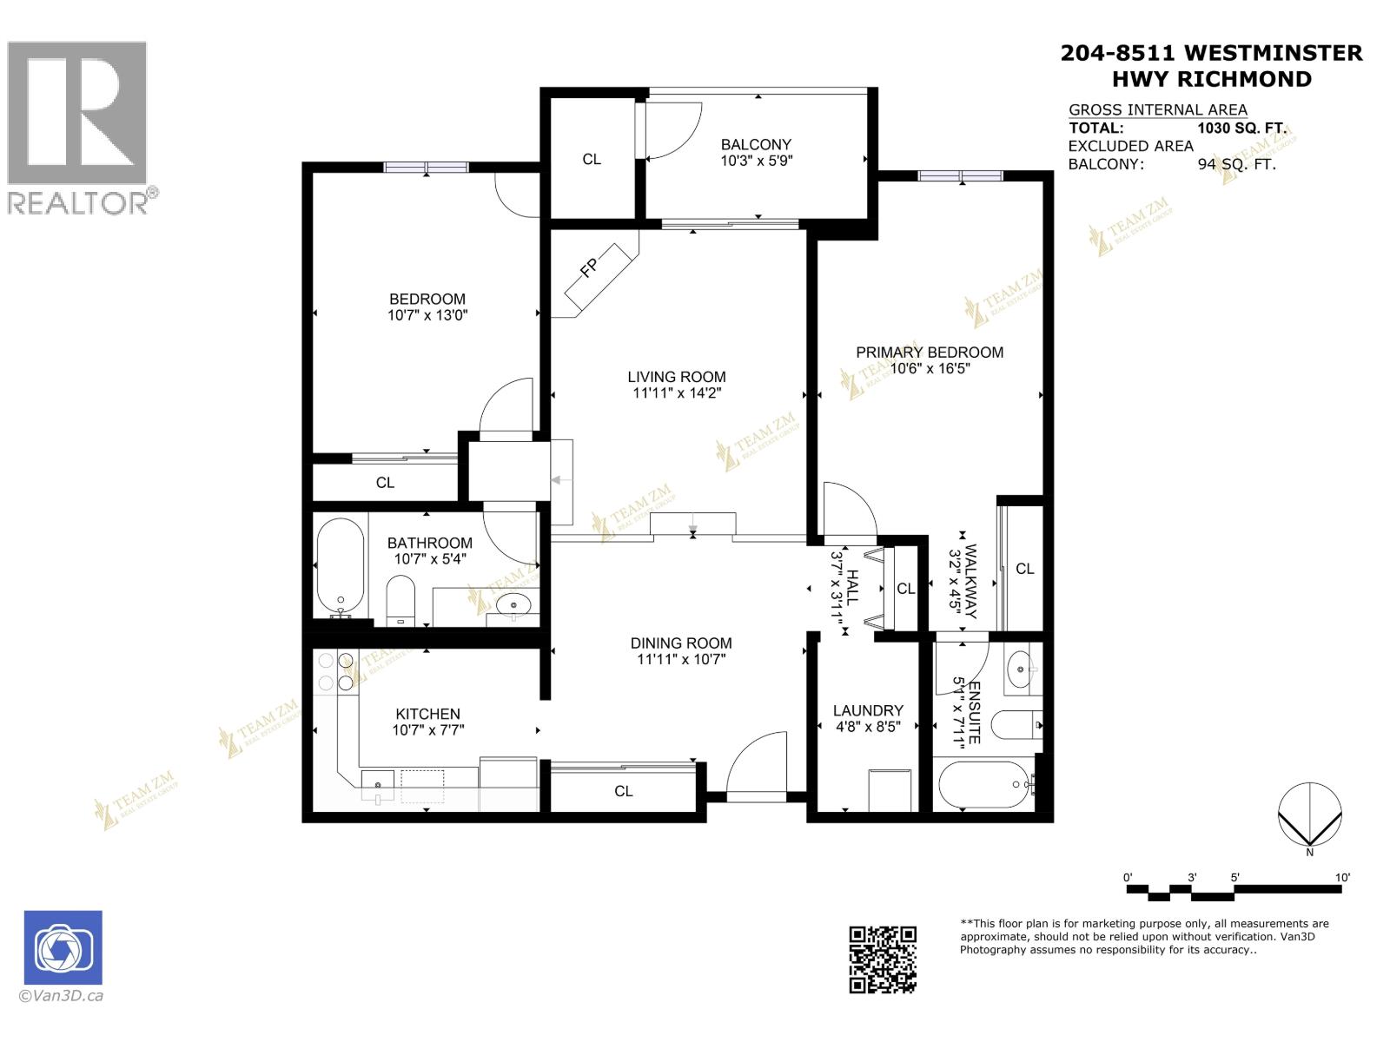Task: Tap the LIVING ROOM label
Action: pyautogui.click(x=677, y=377)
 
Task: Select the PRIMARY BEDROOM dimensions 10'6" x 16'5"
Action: pyautogui.click(x=930, y=368)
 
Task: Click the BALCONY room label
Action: pyautogui.click(x=756, y=145)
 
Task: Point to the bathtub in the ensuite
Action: pyautogui.click(x=983, y=786)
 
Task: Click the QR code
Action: pyautogui.click(x=882, y=959)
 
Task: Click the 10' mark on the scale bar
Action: pyautogui.click(x=1342, y=878)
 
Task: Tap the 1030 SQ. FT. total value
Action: pyautogui.click(x=1241, y=128)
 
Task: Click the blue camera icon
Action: pyautogui.click(x=63, y=947)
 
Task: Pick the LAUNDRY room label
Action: pyautogui.click(x=868, y=710)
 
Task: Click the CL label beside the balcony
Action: pyautogui.click(x=592, y=159)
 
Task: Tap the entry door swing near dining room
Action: pyautogui.click(x=756, y=764)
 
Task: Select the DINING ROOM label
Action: pyautogui.click(x=681, y=643)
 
